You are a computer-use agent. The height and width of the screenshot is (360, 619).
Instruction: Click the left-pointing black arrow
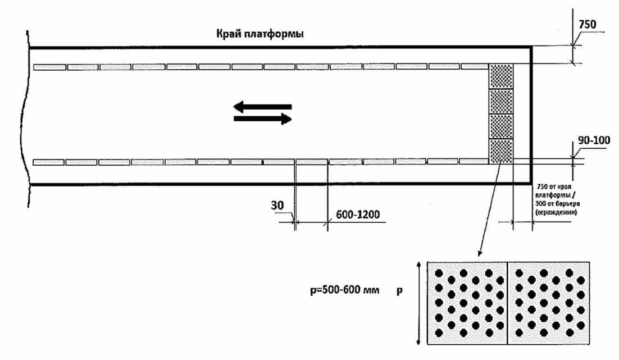tap(262, 106)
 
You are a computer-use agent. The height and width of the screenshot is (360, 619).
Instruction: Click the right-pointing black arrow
tap(263, 119)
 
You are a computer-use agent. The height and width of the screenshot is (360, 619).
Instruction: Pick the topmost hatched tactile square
tap(502, 76)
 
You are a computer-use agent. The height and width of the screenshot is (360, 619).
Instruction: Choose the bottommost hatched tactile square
tap(502, 151)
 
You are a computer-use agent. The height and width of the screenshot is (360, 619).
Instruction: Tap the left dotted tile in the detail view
tap(467, 303)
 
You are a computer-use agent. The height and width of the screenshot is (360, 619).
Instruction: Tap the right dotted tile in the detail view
tap(548, 303)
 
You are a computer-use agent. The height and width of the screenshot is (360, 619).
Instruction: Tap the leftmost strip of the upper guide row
tap(49, 67)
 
